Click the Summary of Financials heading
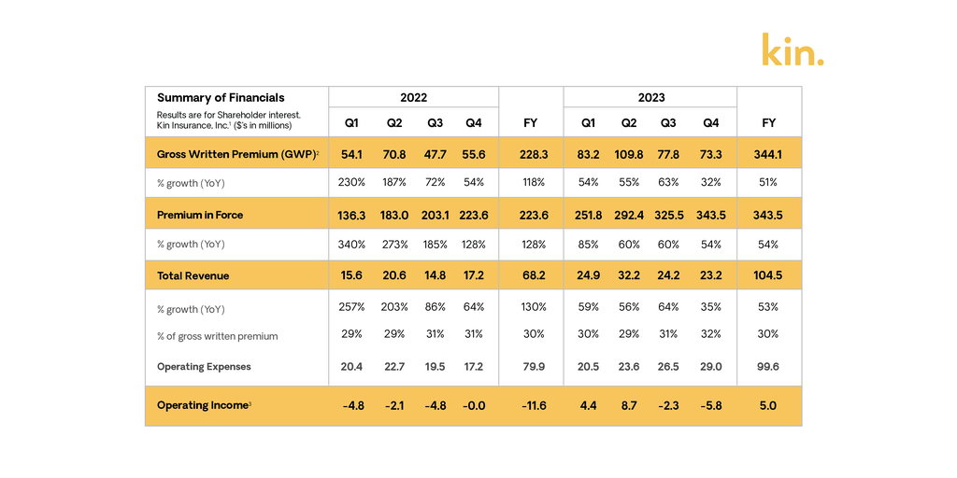pyautogui.click(x=221, y=97)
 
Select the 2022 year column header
pyautogui.click(x=413, y=97)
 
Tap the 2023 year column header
pyautogui.click(x=650, y=97)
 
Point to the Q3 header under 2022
pyautogui.click(x=435, y=123)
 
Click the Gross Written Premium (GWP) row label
pyautogui.click(x=238, y=154)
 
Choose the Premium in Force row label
pyautogui.click(x=200, y=215)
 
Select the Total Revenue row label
pyautogui.click(x=193, y=275)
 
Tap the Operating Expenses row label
pyautogui.click(x=204, y=367)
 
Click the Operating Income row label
pyautogui.click(x=203, y=405)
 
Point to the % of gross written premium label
pyautogui.click(x=217, y=336)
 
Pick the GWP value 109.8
pyautogui.click(x=628, y=154)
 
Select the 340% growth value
pyautogui.click(x=351, y=245)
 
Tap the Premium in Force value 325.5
pyautogui.click(x=668, y=215)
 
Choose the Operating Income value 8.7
pyautogui.click(x=628, y=405)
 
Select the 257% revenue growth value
pyautogui.click(x=351, y=306)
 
